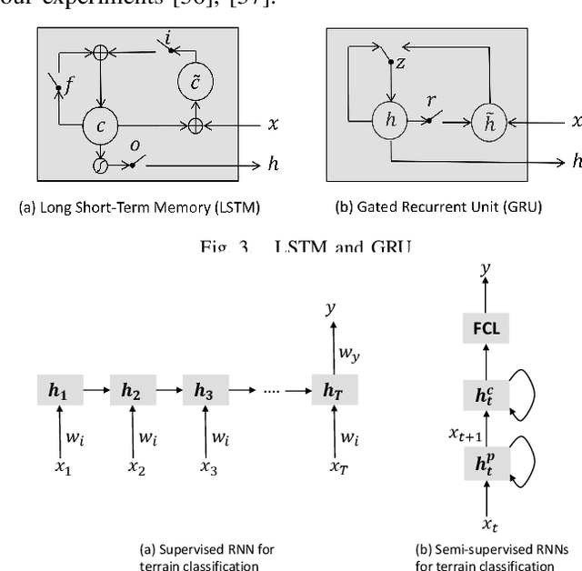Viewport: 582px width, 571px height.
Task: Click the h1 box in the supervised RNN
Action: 60,393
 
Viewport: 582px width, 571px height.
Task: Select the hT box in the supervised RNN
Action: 329,393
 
